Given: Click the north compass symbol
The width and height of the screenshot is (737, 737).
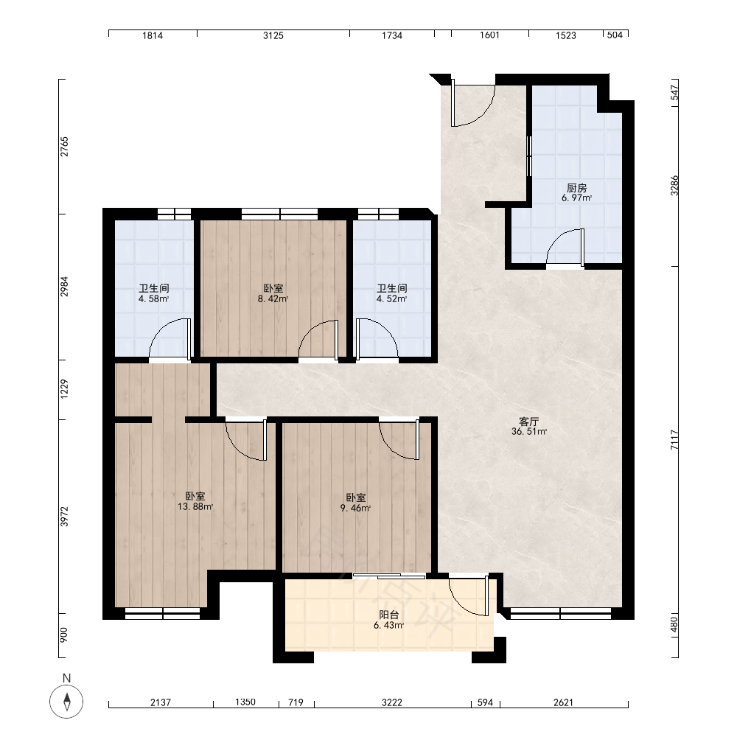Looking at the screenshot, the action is (x=66, y=702).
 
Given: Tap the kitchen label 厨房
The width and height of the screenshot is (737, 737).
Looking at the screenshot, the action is (x=577, y=188).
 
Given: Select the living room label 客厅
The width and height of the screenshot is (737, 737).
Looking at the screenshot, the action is (x=528, y=422).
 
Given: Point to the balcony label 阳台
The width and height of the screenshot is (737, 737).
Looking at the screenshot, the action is (x=389, y=615).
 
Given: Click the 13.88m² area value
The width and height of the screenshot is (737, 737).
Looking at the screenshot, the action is (x=195, y=507).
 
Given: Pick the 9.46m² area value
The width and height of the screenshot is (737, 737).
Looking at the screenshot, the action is (x=356, y=508).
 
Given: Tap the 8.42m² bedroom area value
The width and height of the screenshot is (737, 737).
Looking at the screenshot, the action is (x=273, y=298).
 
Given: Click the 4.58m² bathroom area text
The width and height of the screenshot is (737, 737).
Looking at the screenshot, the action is (x=154, y=298).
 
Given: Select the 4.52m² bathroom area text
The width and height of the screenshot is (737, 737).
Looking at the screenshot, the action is (x=392, y=298).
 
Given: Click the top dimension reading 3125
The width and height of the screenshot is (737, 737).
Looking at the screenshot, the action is (x=273, y=35).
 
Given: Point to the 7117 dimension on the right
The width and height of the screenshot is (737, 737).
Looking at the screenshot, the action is (x=674, y=440).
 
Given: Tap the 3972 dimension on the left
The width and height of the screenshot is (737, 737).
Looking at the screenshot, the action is (x=64, y=516).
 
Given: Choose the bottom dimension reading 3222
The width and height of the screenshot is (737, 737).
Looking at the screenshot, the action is (x=392, y=702).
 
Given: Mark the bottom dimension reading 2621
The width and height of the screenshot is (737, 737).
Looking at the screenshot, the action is (x=564, y=702).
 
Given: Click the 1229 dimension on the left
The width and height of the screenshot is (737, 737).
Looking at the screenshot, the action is (x=64, y=389).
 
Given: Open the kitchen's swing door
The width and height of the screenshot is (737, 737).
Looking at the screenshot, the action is (x=565, y=247).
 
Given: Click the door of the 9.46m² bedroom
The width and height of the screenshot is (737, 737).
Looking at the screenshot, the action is (x=399, y=439).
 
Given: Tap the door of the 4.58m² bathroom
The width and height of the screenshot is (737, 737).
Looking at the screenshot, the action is (x=170, y=338).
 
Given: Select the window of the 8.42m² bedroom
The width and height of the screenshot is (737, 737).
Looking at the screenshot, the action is (x=279, y=214).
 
